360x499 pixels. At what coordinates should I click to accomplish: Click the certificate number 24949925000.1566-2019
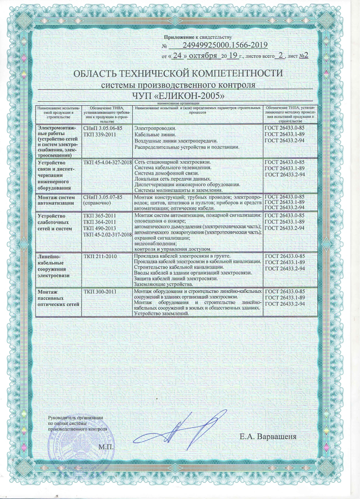pyautogui.click(x=224, y=45)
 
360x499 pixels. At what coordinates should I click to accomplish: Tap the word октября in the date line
pyautogui.click(x=203, y=56)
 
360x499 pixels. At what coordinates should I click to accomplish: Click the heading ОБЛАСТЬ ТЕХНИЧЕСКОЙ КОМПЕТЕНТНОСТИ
pyautogui.click(x=178, y=73)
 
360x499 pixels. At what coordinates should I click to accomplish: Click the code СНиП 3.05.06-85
pyautogui.click(x=103, y=128)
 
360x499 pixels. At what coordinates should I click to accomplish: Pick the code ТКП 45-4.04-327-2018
pyautogui.click(x=107, y=163)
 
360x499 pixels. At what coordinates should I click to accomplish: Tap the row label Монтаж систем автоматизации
pyautogui.click(x=56, y=200)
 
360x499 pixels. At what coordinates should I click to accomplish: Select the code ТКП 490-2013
pyautogui.click(x=100, y=228)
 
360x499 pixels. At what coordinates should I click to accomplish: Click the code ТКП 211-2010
pyautogui.click(x=100, y=256)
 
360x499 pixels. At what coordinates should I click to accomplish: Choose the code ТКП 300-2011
pyautogui.click(x=100, y=292)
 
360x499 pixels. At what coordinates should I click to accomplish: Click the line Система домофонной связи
pyautogui.click(x=166, y=173)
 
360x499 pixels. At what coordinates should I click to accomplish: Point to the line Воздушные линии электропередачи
pyautogui.click(x=176, y=141)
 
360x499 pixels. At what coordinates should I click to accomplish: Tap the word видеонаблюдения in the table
pyautogui.click(x=155, y=244)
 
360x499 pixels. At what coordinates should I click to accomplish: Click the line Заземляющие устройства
pyautogui.click(x=164, y=284)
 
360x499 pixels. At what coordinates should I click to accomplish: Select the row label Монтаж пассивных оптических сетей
pyautogui.click(x=58, y=298)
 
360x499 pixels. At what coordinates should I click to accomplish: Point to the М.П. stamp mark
pyautogui.click(x=106, y=447)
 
